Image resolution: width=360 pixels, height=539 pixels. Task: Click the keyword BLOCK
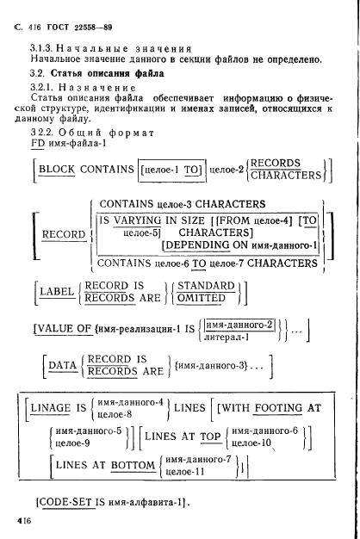tap(57, 170)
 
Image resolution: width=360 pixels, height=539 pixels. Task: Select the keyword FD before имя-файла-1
tap(38, 143)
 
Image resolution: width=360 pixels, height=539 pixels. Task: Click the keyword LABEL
tap(57, 292)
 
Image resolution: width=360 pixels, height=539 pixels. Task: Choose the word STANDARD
tap(206, 286)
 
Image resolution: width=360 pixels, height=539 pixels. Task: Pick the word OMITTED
tap(202, 298)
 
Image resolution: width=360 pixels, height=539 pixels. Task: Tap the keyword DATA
tap(63, 365)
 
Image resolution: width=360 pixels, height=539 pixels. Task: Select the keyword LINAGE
tap(51, 407)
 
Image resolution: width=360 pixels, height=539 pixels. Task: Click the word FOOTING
tap(278, 408)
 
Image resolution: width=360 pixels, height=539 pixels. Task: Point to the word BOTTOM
tap(133, 465)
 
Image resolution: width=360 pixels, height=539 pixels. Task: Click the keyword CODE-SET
tap(65, 502)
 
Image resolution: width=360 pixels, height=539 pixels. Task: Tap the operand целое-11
tap(185, 472)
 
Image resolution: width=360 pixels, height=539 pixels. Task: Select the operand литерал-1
tap(227, 338)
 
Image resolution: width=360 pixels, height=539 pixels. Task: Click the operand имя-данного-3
tap(211, 365)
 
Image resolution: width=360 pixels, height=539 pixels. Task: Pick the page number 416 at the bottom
tap(24, 520)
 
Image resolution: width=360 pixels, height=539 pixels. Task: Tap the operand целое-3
tap(174, 205)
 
